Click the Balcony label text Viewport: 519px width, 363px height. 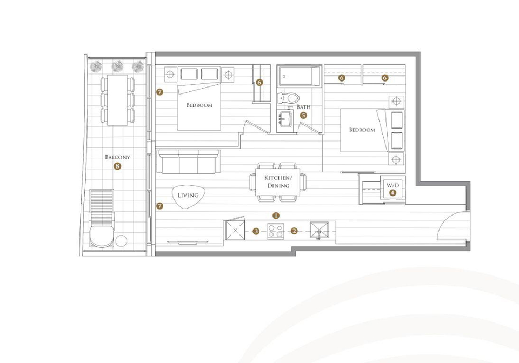pos(117,157)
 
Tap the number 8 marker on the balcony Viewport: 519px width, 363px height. pos(117,166)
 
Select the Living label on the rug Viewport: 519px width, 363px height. pos(188,195)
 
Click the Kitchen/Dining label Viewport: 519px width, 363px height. pos(278,182)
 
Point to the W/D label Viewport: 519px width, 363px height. pos(393,185)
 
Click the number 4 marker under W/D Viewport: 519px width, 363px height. pos(392,193)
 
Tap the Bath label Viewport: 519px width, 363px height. pos(303,107)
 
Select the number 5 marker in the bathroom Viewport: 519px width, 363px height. pos(303,116)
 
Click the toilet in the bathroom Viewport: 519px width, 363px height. pos(288,98)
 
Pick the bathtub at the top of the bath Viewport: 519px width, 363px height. pos(300,76)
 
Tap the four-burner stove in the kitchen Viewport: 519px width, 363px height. pos(276,231)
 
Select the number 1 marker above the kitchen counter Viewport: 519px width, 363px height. pos(276,216)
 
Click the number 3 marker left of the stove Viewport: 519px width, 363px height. pos(256,231)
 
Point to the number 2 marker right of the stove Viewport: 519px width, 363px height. pos(294,231)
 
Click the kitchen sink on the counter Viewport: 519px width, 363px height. pos(320,230)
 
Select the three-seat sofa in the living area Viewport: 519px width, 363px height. pos(189,162)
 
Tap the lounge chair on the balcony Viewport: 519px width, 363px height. pos(102,218)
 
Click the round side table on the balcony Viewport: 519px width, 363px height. pos(121,241)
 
